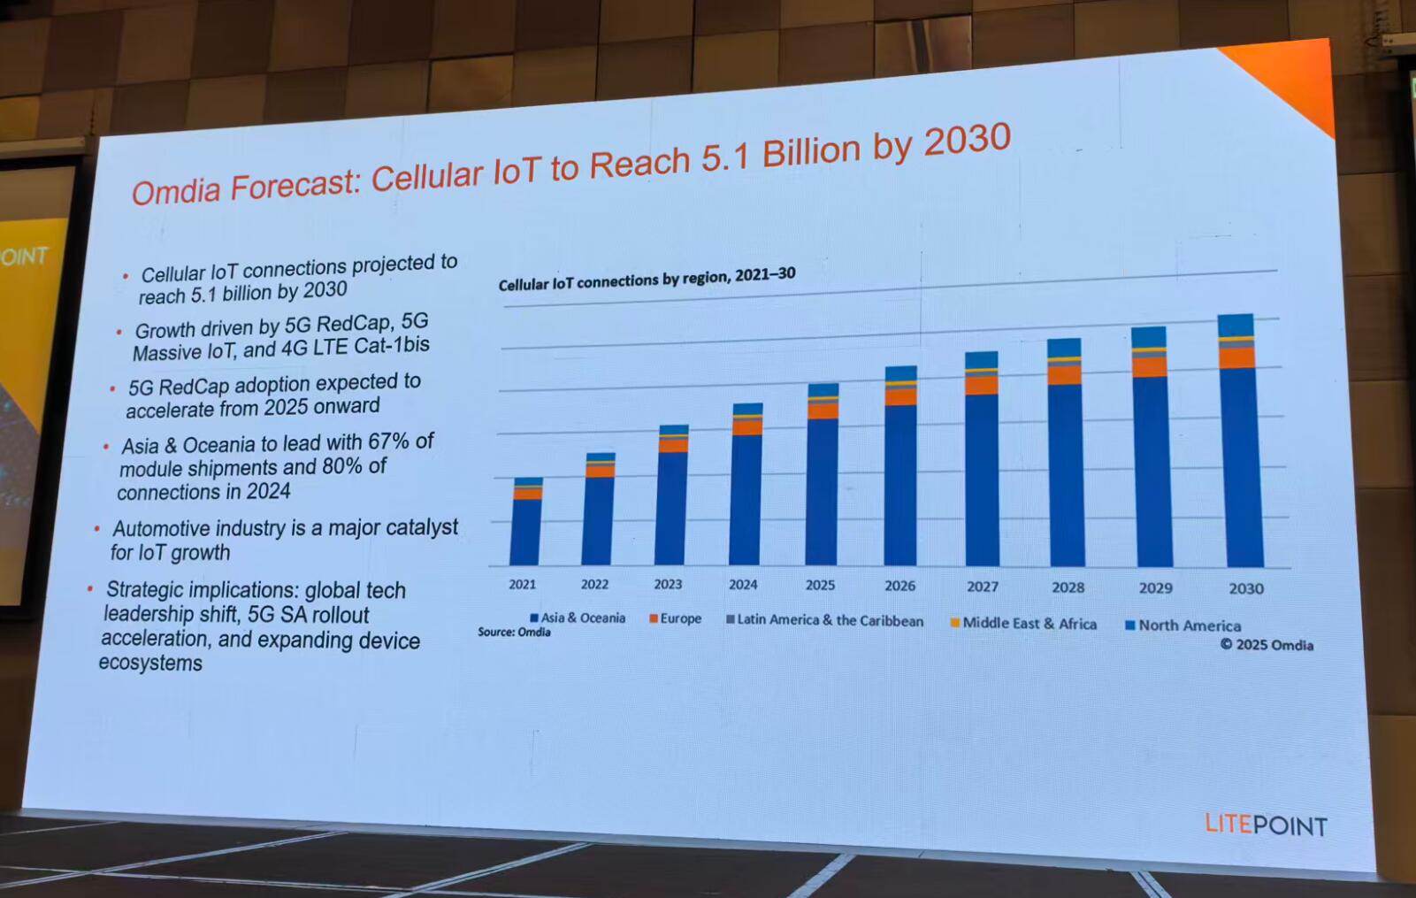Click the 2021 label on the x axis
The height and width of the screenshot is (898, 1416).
click(522, 584)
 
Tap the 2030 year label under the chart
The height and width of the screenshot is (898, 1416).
click(1245, 588)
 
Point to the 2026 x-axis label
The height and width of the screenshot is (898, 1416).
click(899, 586)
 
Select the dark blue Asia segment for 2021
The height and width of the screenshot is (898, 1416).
click(526, 531)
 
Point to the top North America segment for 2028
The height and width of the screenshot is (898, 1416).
click(1064, 347)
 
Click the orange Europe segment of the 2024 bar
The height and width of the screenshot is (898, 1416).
click(747, 427)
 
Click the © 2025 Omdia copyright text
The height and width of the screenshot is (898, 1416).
click(1267, 645)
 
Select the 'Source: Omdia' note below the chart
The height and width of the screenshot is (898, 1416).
click(514, 633)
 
